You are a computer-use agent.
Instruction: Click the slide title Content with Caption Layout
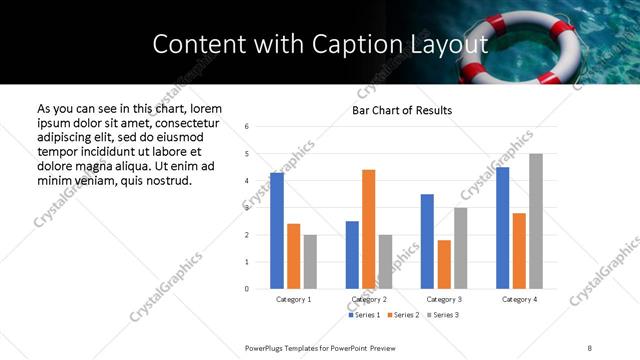(x=320, y=44)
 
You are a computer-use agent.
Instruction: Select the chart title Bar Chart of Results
(x=402, y=110)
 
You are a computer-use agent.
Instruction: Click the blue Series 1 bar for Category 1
(x=277, y=231)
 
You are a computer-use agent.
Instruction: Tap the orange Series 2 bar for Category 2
(x=368, y=229)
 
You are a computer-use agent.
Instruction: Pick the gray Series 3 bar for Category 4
(x=536, y=221)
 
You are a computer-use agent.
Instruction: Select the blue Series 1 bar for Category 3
(x=427, y=241)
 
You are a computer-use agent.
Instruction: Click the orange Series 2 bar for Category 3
(x=444, y=264)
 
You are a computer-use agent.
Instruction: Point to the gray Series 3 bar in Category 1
(x=310, y=262)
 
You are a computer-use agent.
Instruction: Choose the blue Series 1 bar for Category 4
(x=502, y=228)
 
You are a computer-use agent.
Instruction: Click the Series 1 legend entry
(x=365, y=315)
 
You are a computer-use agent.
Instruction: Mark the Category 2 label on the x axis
(x=369, y=299)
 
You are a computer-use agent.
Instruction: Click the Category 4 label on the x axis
(x=519, y=299)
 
